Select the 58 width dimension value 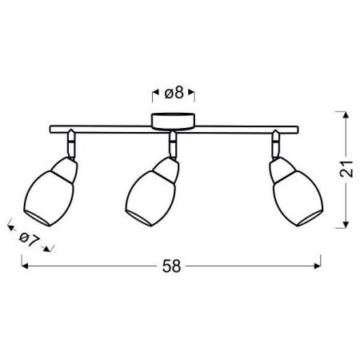(170, 266)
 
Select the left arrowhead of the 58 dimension (24, 266)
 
